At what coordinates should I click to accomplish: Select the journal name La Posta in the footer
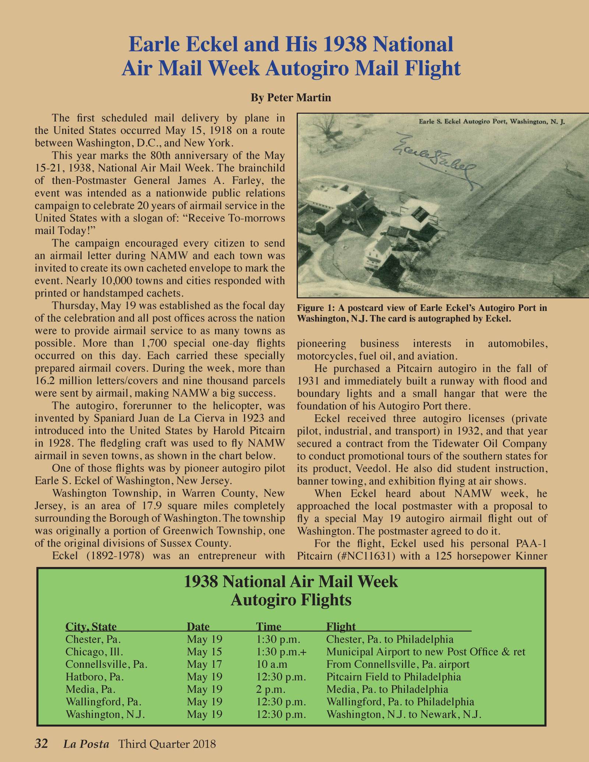coord(86,744)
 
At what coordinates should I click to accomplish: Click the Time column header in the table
coord(268,626)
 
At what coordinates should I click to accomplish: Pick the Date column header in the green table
coord(198,626)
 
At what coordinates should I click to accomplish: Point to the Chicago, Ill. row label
coord(94,652)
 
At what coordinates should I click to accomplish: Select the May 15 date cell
coord(204,652)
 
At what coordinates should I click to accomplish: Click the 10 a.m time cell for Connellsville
coord(272,664)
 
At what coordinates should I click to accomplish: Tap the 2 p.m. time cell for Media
coord(271,689)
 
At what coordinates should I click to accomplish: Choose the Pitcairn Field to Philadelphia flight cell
coord(394,677)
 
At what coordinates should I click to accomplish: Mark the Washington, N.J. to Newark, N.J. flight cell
coord(404,714)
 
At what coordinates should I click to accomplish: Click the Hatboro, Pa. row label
coord(94,677)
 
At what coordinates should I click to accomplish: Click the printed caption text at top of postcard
coord(492,121)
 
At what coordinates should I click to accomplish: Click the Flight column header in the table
coord(341,626)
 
